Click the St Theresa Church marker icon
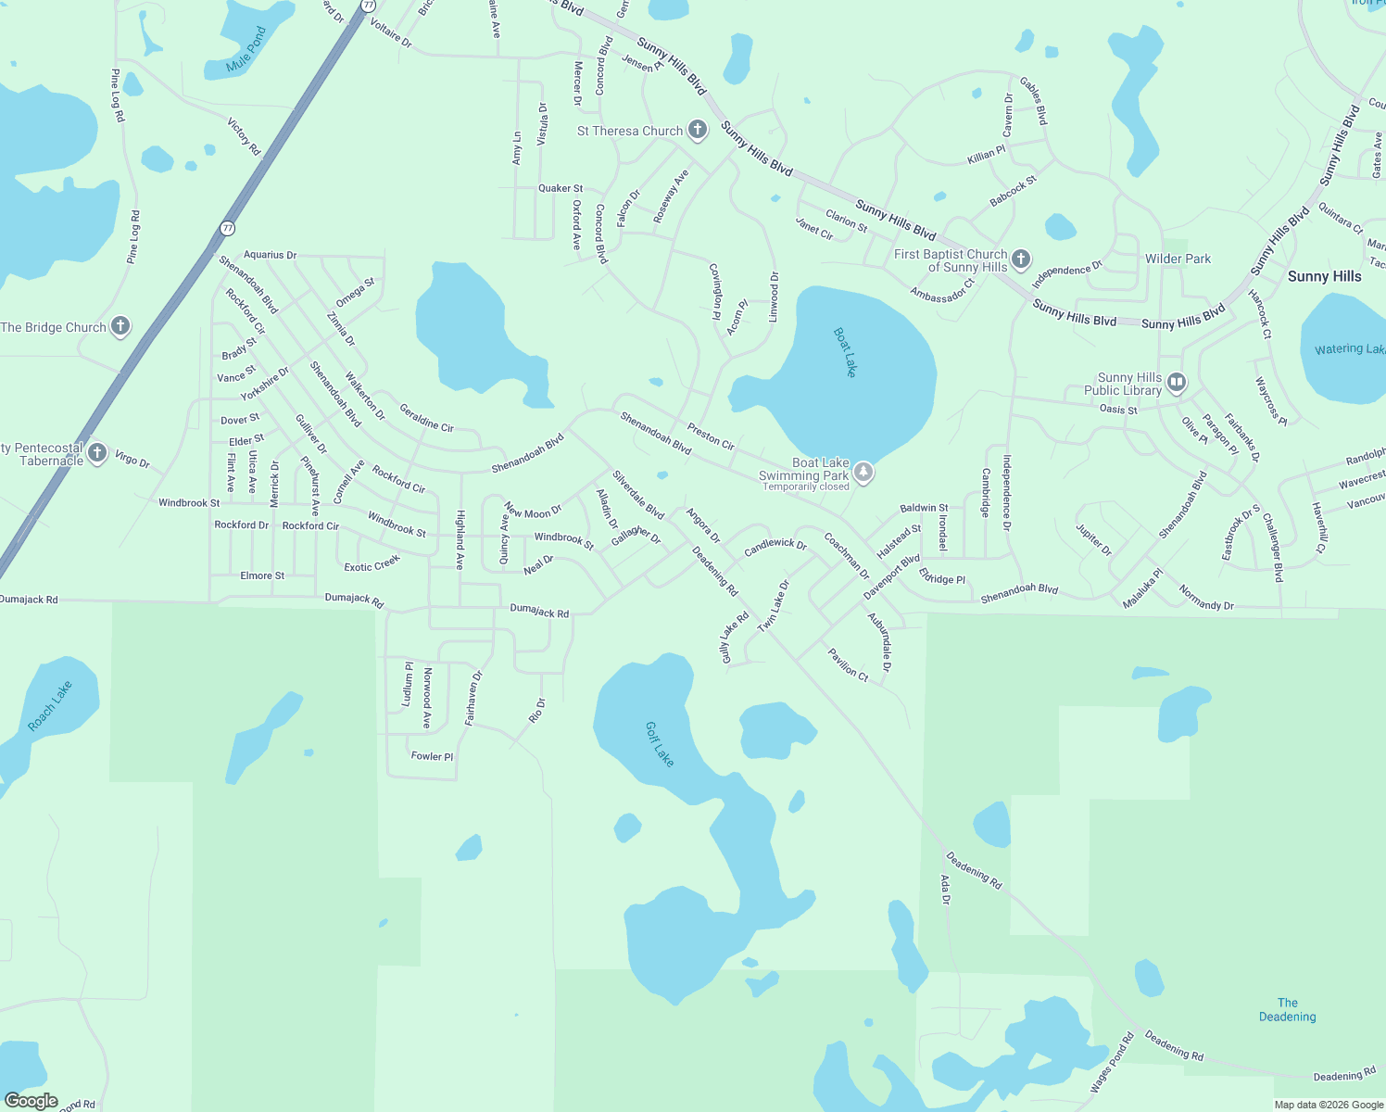(x=698, y=131)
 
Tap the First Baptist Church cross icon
(x=1020, y=259)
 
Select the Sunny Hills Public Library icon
(x=1176, y=382)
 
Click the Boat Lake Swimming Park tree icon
(x=863, y=473)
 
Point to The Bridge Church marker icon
(x=120, y=326)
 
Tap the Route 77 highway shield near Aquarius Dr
(x=227, y=228)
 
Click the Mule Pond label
(x=246, y=50)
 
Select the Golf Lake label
(x=660, y=744)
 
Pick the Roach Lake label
(x=50, y=706)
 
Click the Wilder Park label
(x=1178, y=259)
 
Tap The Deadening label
(x=1287, y=1010)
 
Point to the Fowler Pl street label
(x=432, y=756)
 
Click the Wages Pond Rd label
(x=1112, y=1062)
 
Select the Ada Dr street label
(x=946, y=890)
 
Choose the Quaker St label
(x=561, y=188)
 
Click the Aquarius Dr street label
(x=270, y=255)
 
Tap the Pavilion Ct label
(x=848, y=664)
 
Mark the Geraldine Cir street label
(x=426, y=417)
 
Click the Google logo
(x=31, y=1101)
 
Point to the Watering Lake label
(x=1349, y=349)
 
